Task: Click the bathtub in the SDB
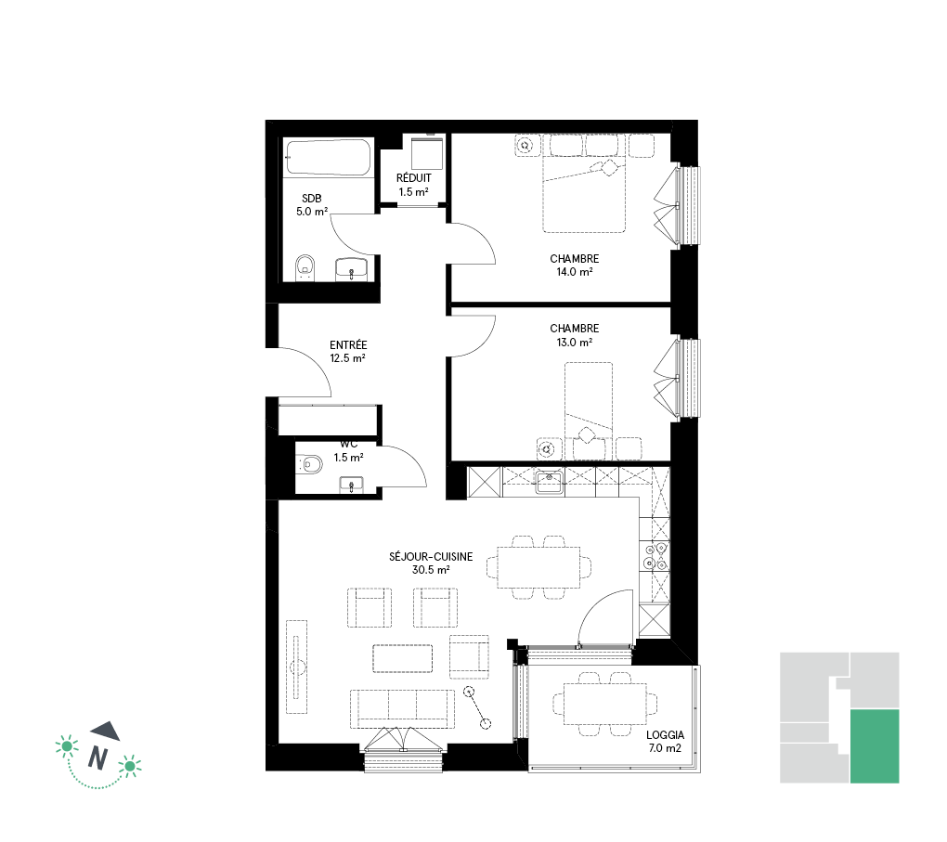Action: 329,158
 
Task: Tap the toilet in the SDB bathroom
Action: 305,268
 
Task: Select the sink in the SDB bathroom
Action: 351,269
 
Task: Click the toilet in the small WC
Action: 309,464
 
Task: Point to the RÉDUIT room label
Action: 414,178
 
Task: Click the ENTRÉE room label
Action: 348,345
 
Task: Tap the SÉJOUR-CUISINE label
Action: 431,556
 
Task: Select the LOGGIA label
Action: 665,735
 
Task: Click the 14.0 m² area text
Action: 575,272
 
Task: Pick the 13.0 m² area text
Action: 575,342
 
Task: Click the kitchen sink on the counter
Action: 549,482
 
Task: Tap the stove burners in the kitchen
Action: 655,557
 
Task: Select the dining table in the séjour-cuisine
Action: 538,567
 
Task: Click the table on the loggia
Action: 605,704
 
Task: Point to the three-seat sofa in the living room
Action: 402,708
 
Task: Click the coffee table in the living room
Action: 403,658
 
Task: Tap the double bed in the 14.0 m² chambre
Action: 584,184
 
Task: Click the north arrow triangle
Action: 106,731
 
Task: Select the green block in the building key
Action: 875,746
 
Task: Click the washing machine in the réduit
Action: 427,153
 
